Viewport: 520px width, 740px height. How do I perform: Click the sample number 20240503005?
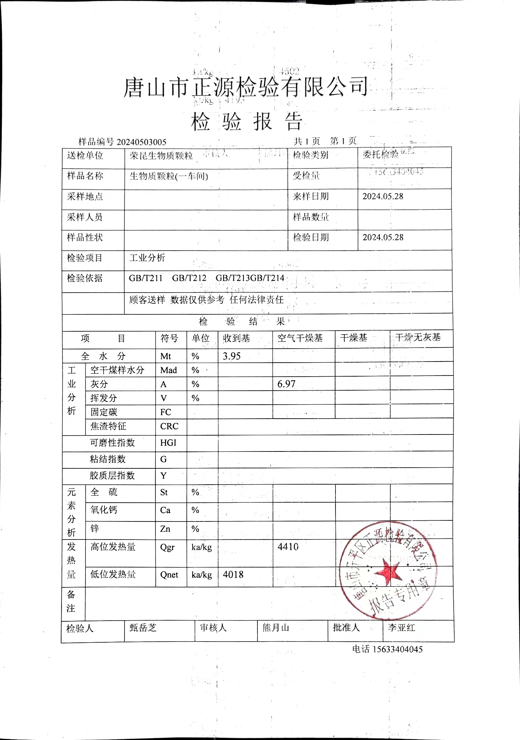click(141, 142)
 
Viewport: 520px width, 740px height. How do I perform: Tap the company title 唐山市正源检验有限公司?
click(246, 88)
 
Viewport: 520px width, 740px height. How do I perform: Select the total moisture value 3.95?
click(232, 356)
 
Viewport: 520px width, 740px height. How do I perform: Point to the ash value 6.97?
click(286, 384)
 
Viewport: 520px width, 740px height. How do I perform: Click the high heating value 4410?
click(288, 547)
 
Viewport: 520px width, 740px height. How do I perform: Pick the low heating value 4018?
click(233, 575)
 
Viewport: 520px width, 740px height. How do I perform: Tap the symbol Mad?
click(168, 370)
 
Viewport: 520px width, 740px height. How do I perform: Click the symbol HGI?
click(168, 443)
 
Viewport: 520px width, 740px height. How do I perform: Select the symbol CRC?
click(169, 426)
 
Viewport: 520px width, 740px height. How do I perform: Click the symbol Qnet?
click(169, 575)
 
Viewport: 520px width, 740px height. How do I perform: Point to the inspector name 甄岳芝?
click(143, 628)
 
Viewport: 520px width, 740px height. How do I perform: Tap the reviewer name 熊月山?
click(275, 628)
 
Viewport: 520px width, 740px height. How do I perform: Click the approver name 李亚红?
click(401, 628)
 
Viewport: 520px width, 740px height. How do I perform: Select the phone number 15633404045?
click(398, 649)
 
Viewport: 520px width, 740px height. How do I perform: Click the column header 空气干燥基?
click(300, 338)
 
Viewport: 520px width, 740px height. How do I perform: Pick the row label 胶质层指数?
click(112, 475)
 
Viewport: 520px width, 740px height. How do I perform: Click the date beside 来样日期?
click(383, 196)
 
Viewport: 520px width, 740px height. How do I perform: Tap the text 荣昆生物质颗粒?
click(161, 156)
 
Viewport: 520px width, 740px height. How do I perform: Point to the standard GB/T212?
click(189, 278)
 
